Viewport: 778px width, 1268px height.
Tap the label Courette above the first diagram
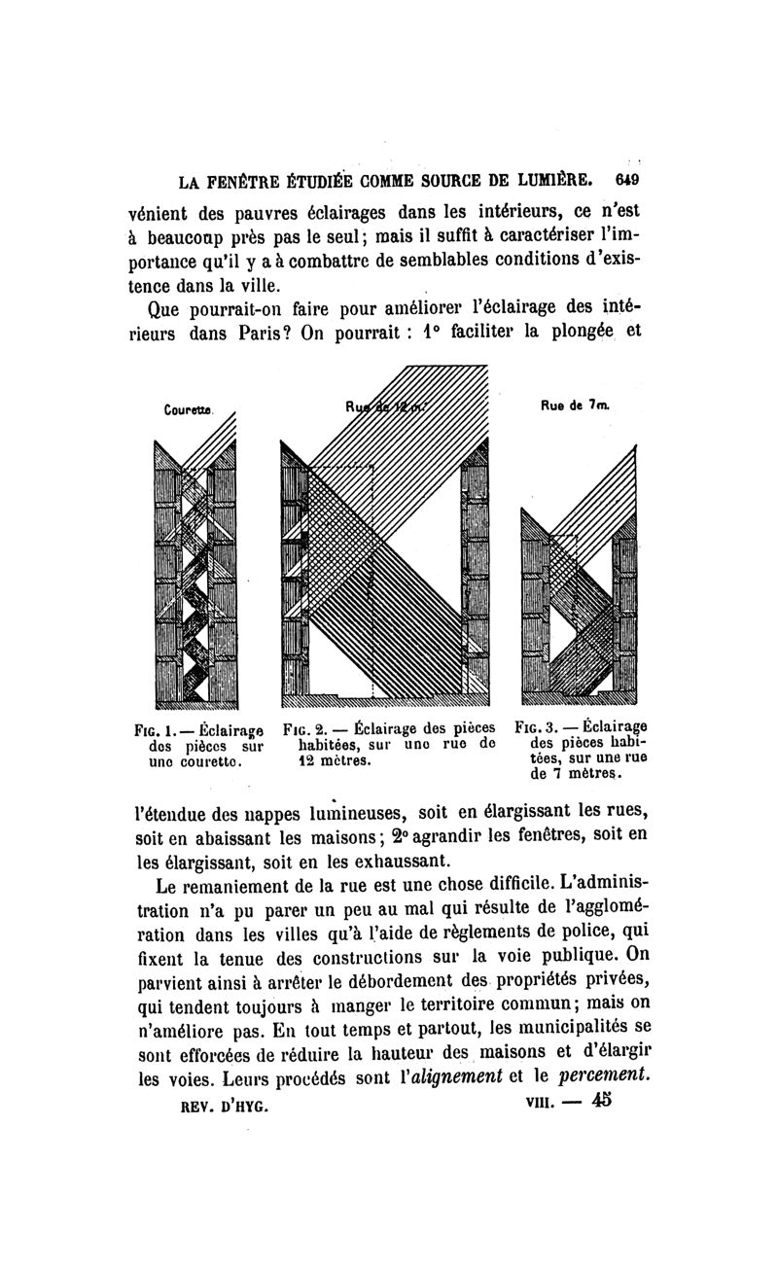click(x=182, y=410)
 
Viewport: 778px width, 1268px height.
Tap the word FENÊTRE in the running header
click(x=237, y=181)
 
